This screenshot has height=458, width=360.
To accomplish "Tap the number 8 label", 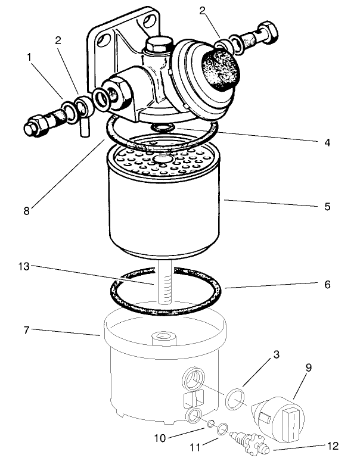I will click(24, 209).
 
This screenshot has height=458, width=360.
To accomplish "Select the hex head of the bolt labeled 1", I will click(32, 127).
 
